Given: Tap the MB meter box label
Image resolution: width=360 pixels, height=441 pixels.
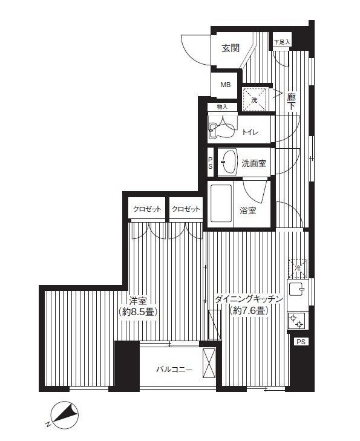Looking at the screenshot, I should tap(225, 85).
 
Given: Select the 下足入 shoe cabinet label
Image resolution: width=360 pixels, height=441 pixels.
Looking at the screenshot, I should tap(281, 42).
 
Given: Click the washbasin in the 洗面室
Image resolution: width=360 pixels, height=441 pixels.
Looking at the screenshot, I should tap(229, 162).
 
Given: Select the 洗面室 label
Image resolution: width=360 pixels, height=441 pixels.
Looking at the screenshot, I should tap(254, 163).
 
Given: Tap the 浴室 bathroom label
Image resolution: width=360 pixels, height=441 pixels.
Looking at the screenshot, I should tap(248, 211).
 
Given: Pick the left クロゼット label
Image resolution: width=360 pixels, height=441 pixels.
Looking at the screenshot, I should tap(147, 209).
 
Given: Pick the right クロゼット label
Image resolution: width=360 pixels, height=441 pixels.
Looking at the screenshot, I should tap(185, 209).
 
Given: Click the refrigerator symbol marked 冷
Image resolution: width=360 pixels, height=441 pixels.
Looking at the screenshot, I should tap(297, 266).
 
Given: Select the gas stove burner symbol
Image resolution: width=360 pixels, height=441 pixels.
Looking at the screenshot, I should tap(297, 319).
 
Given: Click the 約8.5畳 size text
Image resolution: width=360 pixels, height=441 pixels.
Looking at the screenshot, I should tap(138, 312).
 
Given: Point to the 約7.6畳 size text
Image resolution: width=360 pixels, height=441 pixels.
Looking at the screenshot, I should tap(249, 311).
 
